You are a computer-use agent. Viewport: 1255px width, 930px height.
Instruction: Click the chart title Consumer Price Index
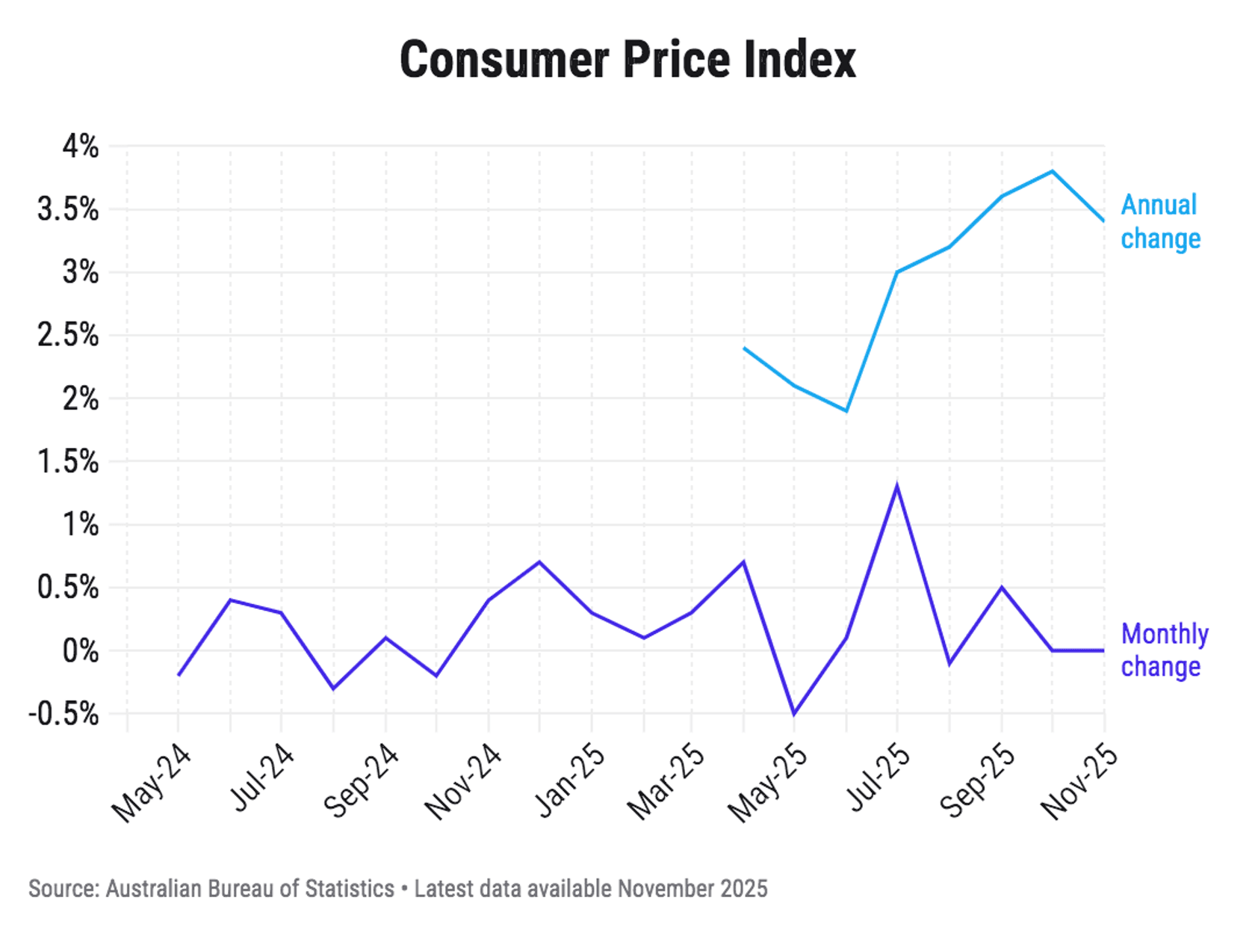pyautogui.click(x=627, y=60)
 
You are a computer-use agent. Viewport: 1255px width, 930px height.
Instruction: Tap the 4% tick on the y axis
pyautogui.click(x=80, y=147)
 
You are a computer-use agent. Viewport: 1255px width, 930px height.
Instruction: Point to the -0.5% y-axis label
pyautogui.click(x=64, y=714)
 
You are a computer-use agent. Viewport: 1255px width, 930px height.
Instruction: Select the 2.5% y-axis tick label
pyautogui.click(x=68, y=335)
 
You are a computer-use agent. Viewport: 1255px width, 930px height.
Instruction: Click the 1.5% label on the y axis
pyautogui.click(x=68, y=461)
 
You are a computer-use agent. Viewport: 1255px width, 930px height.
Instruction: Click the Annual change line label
pyautogui.click(x=1160, y=222)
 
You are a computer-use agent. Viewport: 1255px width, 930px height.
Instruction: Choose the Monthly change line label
pyautogui.click(x=1164, y=650)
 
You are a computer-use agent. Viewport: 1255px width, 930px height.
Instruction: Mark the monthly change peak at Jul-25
pyautogui.click(x=897, y=487)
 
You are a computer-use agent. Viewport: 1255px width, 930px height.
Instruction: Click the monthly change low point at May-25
pyautogui.click(x=794, y=714)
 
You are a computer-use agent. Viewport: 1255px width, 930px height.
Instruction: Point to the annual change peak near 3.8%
pyautogui.click(x=1053, y=171)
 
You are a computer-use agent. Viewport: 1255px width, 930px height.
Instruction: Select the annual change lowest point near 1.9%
pyautogui.click(x=846, y=410)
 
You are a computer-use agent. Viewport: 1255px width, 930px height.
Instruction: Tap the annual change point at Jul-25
pyautogui.click(x=897, y=272)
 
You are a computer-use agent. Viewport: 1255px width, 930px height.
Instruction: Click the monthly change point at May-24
pyautogui.click(x=179, y=675)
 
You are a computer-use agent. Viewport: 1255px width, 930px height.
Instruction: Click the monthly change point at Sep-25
pyautogui.click(x=1001, y=588)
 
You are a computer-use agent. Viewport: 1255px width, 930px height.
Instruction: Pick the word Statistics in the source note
pyautogui.click(x=349, y=888)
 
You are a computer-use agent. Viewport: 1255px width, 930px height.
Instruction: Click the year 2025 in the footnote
pyautogui.click(x=743, y=888)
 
